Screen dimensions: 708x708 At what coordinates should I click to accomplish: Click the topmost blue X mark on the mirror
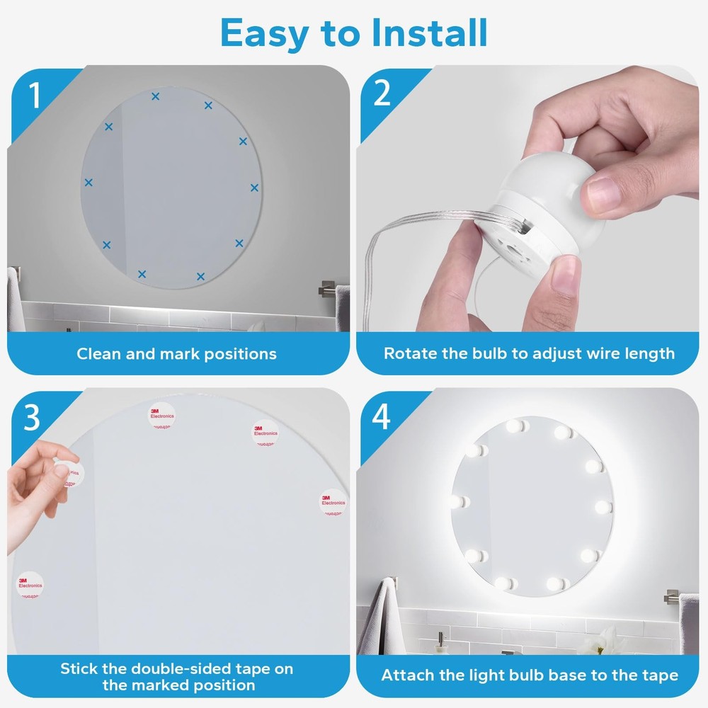point(155,96)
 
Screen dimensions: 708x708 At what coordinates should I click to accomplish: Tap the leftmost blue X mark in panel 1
point(88,183)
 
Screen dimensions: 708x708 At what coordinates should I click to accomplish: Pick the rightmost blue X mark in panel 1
point(254,188)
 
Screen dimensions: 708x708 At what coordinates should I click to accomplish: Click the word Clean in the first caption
point(98,353)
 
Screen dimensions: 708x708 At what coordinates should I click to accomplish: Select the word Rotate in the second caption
point(408,353)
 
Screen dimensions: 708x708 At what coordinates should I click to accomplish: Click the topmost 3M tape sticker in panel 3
point(161,416)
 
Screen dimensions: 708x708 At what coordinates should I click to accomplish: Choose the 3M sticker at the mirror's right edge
point(332,502)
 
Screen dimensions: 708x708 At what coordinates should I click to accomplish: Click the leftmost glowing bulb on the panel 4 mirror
point(457,501)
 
